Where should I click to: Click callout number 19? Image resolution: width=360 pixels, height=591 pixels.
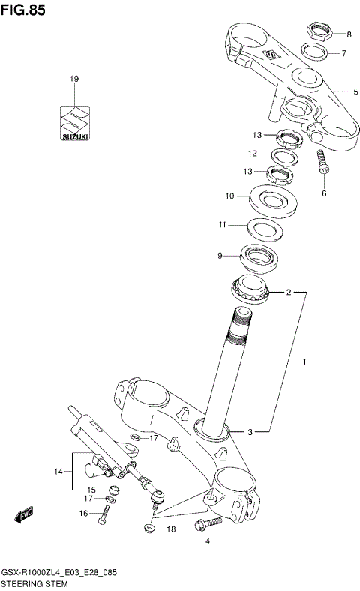click(x=74, y=79)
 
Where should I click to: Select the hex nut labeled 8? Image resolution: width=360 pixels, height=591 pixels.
click(x=319, y=32)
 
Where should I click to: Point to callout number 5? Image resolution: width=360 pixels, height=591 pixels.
click(x=356, y=91)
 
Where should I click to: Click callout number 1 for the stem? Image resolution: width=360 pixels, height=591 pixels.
click(x=304, y=362)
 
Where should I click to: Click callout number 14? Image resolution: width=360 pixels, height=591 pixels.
click(x=58, y=472)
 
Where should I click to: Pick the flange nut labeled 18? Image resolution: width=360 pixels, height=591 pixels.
click(x=151, y=529)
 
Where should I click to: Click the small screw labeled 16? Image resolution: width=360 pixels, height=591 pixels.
click(x=106, y=514)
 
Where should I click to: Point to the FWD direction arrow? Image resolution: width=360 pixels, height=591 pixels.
click(x=22, y=517)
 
